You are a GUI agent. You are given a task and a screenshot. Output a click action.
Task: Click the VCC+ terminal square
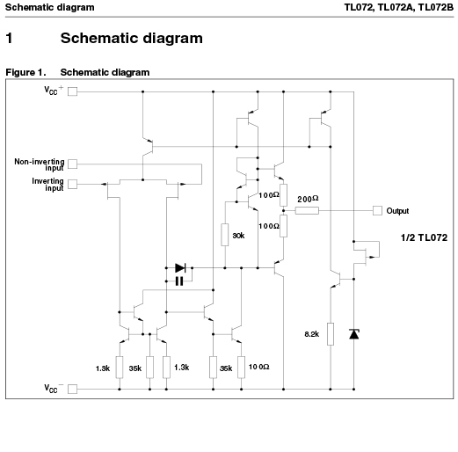pos(72,91)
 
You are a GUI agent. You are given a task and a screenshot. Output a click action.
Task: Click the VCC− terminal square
pos(72,389)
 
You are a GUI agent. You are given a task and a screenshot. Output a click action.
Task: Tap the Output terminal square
pos(377,210)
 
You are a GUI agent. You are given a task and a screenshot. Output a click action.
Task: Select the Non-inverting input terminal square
pos(72,164)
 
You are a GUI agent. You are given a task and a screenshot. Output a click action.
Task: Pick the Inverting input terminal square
pos(72,184)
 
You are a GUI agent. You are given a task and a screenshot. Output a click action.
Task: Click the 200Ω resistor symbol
pos(307,210)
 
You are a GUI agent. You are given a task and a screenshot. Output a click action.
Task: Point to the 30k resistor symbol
pos(225,235)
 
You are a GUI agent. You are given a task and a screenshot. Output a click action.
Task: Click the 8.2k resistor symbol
pos(331,334)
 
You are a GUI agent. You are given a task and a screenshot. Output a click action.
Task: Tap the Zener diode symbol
pos(354,334)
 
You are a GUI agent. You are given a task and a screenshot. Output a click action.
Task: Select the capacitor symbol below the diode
pos(179,281)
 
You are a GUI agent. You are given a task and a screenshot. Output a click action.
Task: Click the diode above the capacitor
pos(180,267)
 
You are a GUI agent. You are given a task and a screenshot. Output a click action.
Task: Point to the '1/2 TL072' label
pos(424,237)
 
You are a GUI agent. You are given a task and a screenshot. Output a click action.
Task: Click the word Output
pos(397,211)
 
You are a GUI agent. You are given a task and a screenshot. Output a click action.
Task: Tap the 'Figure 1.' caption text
pos(25,72)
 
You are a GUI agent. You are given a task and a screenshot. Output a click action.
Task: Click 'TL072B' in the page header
pos(435,7)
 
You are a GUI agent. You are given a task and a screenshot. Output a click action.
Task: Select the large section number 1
pos(9,38)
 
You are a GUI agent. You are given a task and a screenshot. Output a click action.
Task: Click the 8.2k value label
pos(312,334)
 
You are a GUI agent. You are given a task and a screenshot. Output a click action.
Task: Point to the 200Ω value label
pos(308,199)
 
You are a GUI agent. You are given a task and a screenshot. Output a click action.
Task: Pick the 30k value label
pos(238,236)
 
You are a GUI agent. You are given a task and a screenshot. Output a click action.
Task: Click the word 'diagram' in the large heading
pos(173,39)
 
